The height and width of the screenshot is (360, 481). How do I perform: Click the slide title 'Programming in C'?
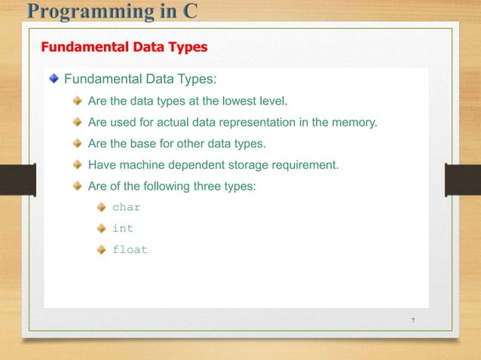112,11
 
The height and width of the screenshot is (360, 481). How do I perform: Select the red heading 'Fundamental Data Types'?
124,47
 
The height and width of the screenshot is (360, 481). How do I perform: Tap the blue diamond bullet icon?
54,78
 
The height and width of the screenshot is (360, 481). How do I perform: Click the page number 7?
413,322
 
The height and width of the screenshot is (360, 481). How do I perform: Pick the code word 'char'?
126,207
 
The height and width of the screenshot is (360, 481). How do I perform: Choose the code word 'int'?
122,228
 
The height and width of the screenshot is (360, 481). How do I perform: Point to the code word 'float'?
130,249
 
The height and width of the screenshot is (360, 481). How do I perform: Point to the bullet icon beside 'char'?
101,207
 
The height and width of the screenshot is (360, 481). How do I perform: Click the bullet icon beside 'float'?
101,249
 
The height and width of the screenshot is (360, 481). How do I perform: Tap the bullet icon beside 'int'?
101,228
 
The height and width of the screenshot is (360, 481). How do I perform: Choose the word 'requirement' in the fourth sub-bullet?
308,163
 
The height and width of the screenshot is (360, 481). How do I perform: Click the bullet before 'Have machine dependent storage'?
78,163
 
